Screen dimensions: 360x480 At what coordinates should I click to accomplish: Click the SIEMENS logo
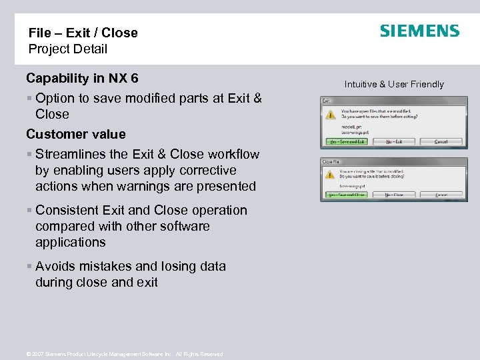pos(419,31)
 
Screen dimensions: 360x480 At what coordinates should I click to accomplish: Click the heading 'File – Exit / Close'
pos(83,33)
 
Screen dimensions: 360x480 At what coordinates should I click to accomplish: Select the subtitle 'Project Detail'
pos(67,49)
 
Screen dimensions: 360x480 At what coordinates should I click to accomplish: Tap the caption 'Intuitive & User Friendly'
pos(394,84)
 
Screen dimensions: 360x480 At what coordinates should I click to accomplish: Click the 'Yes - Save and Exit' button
pos(347,142)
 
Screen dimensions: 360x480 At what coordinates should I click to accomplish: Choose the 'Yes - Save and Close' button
pos(347,195)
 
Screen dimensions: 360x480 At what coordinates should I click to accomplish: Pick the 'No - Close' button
pos(394,195)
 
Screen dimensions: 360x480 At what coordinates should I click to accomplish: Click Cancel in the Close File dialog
pos(441,195)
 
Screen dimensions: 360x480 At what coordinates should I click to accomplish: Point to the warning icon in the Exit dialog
pos(330,114)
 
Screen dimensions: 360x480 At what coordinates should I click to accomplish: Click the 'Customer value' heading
pos(75,134)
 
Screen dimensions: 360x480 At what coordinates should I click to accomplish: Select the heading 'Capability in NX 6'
pos(82,78)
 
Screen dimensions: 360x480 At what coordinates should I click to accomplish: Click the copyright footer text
pos(123,354)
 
